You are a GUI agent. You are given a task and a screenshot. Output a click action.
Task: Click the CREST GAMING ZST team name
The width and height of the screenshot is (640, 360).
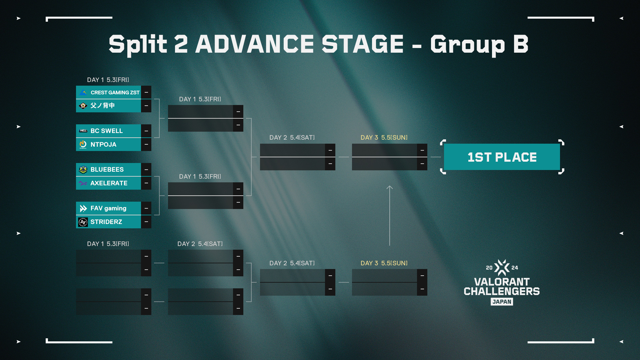tap(115, 93)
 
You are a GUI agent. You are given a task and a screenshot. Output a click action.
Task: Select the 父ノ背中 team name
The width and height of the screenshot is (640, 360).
tap(103, 106)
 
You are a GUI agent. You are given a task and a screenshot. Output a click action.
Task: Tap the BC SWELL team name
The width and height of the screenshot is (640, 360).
tap(107, 131)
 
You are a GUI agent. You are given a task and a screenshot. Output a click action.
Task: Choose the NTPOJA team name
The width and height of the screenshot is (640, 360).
tap(103, 145)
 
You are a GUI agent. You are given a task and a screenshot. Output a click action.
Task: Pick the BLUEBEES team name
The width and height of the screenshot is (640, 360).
tap(107, 170)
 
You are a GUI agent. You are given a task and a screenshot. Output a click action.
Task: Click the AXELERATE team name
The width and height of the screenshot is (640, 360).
tap(109, 183)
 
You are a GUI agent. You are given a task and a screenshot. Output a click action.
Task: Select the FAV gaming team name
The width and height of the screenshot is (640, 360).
tap(108, 208)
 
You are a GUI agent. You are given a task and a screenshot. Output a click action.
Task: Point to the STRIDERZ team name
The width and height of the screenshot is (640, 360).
tap(106, 222)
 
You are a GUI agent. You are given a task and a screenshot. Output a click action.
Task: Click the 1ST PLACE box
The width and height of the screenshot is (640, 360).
tap(502, 157)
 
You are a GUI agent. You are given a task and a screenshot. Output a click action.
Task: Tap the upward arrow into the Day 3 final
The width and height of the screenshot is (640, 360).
tap(390, 216)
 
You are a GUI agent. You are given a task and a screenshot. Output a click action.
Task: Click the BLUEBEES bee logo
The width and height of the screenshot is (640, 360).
tap(83, 170)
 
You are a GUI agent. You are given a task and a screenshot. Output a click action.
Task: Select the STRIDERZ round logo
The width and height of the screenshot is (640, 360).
tap(83, 222)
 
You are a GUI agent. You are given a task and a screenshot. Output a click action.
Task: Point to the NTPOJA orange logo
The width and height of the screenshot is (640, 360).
tap(83, 144)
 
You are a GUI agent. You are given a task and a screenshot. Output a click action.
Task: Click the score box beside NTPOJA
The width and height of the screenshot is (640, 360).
tap(146, 144)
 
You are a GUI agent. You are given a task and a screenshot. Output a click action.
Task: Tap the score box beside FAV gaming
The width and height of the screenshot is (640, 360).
tap(146, 208)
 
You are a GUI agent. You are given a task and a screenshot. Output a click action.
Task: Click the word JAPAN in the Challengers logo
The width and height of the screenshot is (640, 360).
tap(502, 302)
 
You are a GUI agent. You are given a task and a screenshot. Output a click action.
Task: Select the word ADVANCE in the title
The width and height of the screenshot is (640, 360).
tap(254, 44)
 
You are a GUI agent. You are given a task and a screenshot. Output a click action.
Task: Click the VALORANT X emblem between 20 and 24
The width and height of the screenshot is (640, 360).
tap(502, 268)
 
